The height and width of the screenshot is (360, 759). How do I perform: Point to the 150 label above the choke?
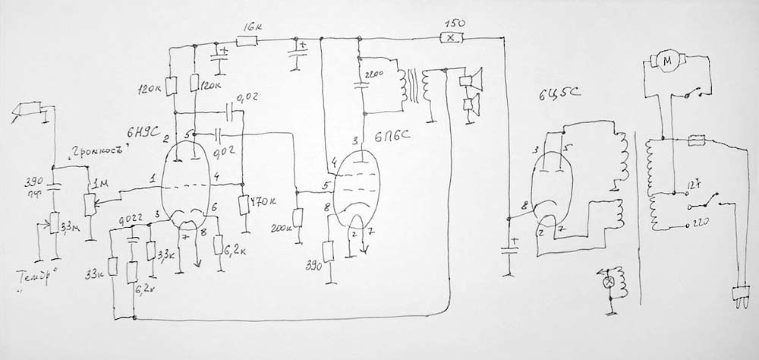point(452,24)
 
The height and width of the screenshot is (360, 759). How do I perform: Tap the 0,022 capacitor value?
point(132,221)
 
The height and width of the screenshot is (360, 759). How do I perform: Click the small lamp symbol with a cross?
point(607,281)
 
